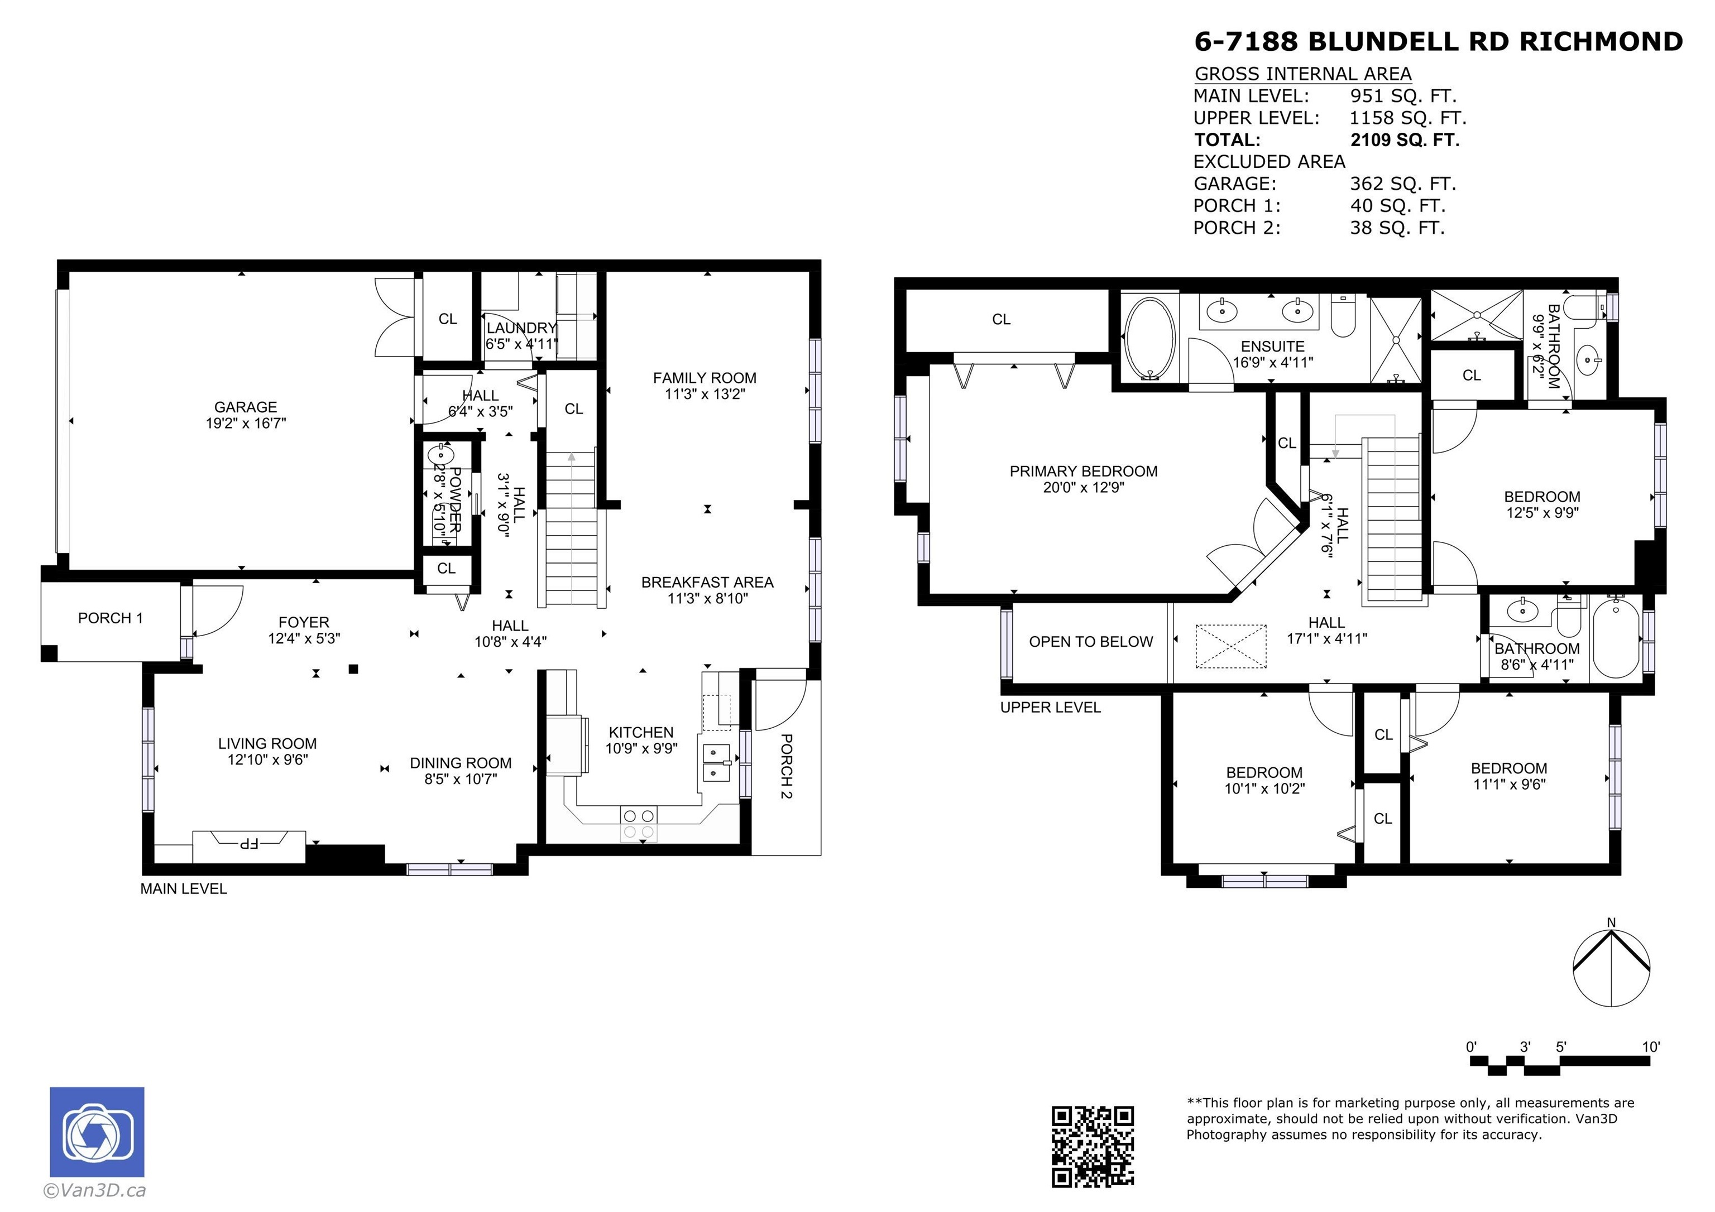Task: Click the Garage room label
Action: (246, 415)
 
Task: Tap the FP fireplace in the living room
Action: (249, 845)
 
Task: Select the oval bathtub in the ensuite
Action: (1150, 339)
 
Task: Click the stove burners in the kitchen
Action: (639, 823)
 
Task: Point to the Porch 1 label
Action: (110, 618)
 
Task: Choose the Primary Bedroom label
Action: (1083, 479)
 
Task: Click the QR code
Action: (1093, 1146)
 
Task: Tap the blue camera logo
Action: (97, 1132)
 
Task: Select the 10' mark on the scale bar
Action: (1651, 1047)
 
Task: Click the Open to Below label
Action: (1090, 642)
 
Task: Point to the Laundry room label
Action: (521, 336)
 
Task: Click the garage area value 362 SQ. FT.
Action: (1403, 184)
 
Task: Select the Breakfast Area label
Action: (707, 590)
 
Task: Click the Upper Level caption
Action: (1050, 707)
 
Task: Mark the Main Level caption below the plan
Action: (184, 889)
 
